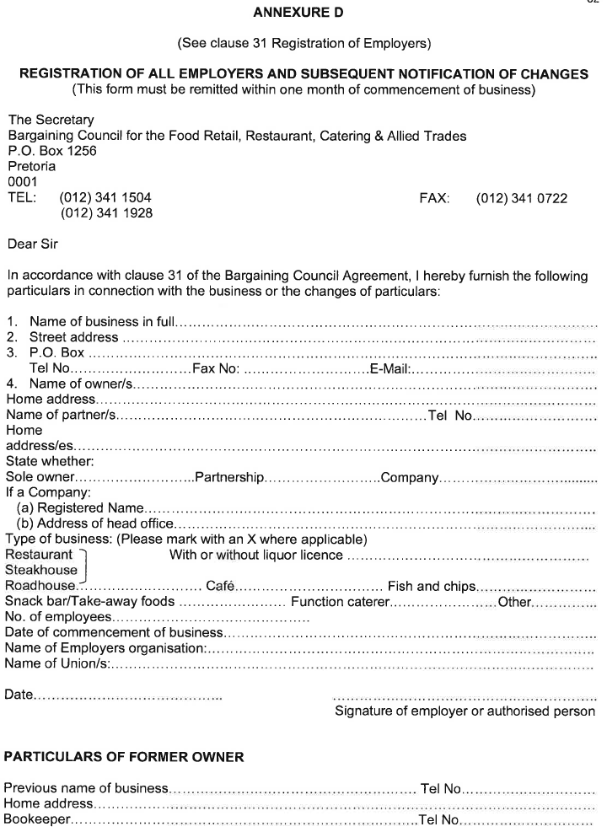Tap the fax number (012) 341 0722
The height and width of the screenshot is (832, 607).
tap(521, 199)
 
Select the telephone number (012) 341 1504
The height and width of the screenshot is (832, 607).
tap(105, 199)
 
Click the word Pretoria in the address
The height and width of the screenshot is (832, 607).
tap(32, 166)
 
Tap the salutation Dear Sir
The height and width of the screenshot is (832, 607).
tap(34, 244)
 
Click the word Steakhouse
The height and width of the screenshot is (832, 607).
tap(40, 571)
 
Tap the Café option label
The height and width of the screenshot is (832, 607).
tap(220, 586)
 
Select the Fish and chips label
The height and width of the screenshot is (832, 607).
tap(432, 586)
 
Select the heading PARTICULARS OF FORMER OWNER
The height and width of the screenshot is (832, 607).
tap(125, 757)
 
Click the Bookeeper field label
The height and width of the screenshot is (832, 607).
tap(38, 819)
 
